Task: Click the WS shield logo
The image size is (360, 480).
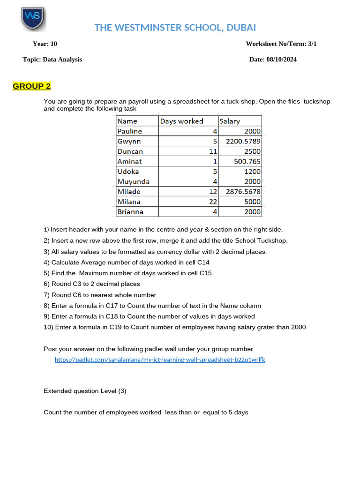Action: [x=33, y=19]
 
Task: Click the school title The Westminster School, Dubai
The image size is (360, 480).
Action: [x=175, y=27]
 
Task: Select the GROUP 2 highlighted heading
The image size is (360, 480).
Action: [x=31, y=86]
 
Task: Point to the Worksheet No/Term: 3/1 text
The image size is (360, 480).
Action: [x=284, y=44]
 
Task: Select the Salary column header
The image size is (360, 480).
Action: [x=230, y=121]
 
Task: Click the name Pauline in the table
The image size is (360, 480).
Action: [x=130, y=131]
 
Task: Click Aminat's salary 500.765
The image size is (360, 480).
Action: [x=247, y=161]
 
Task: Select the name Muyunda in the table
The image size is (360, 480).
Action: [x=134, y=181]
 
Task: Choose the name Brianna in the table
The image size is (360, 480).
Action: [x=130, y=211]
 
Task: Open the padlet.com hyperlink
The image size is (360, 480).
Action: [x=160, y=360]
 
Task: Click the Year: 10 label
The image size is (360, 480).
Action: [x=45, y=44]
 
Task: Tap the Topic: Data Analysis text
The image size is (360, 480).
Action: [x=52, y=60]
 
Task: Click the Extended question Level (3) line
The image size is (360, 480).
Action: [x=85, y=391]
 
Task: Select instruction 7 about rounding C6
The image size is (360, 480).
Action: [x=100, y=295]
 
